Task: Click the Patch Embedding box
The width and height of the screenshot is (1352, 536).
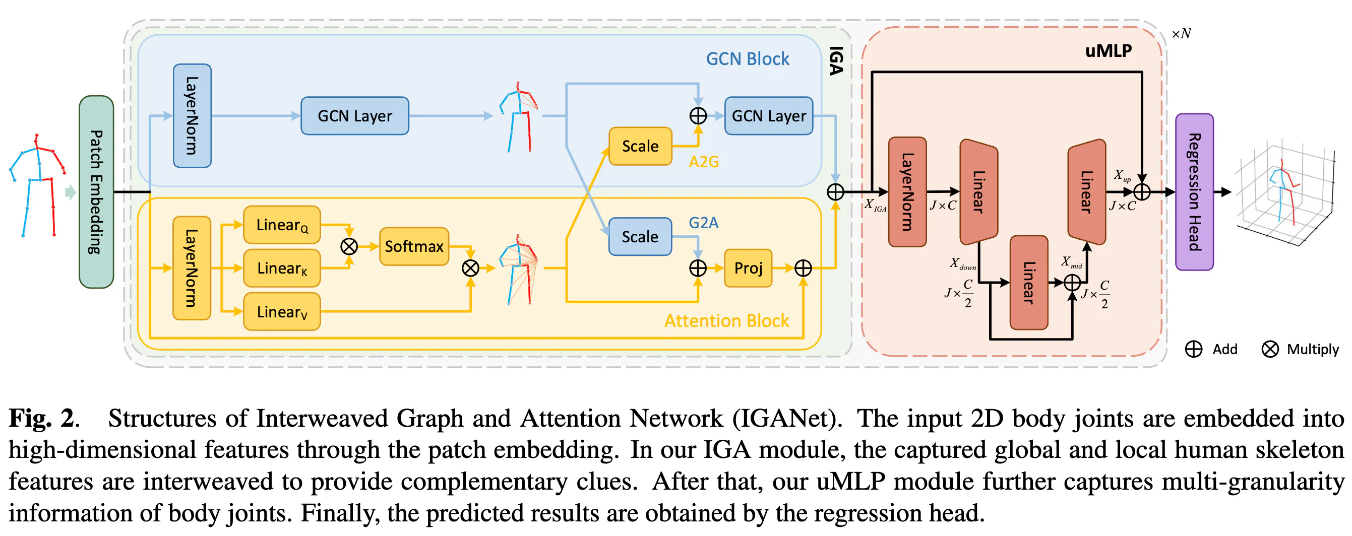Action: tap(96, 192)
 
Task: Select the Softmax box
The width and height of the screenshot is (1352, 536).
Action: tap(413, 246)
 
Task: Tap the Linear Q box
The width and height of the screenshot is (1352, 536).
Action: tap(282, 225)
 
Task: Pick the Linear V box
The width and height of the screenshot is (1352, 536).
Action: tap(282, 311)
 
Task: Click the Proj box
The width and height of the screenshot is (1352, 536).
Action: tap(748, 268)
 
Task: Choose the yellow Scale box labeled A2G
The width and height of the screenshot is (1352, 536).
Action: tap(640, 146)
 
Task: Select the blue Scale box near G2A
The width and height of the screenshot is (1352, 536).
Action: tap(640, 237)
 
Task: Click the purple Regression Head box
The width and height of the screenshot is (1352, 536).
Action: tap(1194, 192)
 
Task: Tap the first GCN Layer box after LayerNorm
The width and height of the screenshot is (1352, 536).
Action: tap(355, 116)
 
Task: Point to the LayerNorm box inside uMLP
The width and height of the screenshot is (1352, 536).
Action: tap(907, 192)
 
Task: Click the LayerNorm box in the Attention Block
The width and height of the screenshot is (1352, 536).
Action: tap(192, 268)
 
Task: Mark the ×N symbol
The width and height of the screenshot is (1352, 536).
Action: tap(1181, 34)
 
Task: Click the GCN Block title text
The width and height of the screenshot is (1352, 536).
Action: tap(747, 59)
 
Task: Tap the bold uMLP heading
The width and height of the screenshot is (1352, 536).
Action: tap(1108, 51)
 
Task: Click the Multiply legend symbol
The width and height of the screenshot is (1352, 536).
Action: tap(1270, 349)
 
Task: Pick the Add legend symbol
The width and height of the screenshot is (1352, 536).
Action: tap(1194, 349)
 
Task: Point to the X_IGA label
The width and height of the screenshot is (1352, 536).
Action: tap(875, 205)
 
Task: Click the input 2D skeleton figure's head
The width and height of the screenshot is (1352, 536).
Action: tap(36, 139)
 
